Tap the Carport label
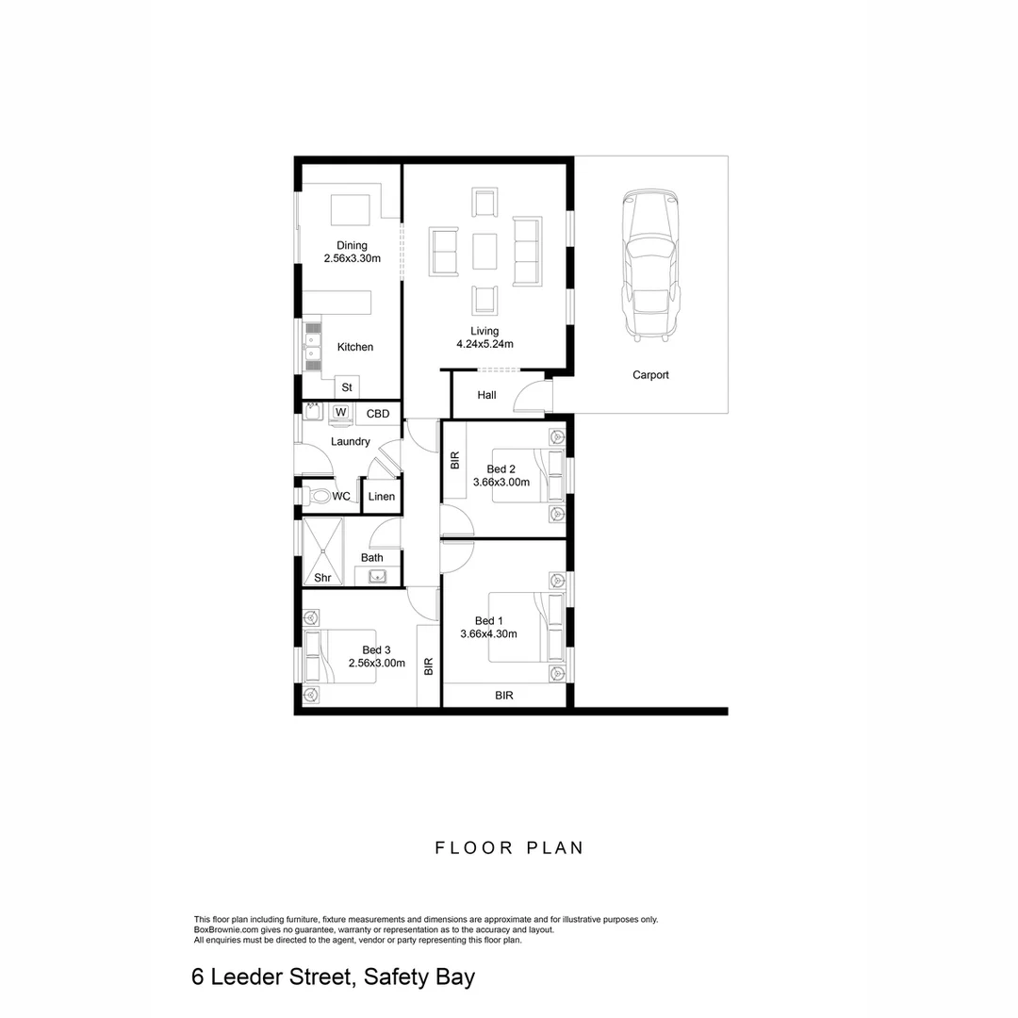(650, 375)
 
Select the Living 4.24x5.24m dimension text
(484, 344)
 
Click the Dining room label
(352, 246)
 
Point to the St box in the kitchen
(347, 387)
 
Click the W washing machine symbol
(340, 413)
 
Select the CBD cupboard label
(378, 414)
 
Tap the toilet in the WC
(319, 496)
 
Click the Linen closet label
(382, 497)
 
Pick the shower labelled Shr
(322, 551)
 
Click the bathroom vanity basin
(378, 577)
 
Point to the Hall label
(486, 395)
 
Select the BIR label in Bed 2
(455, 461)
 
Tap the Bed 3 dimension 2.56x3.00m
(376, 664)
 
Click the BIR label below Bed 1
(504, 696)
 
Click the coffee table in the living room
(484, 251)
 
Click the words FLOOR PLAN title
(509, 847)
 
